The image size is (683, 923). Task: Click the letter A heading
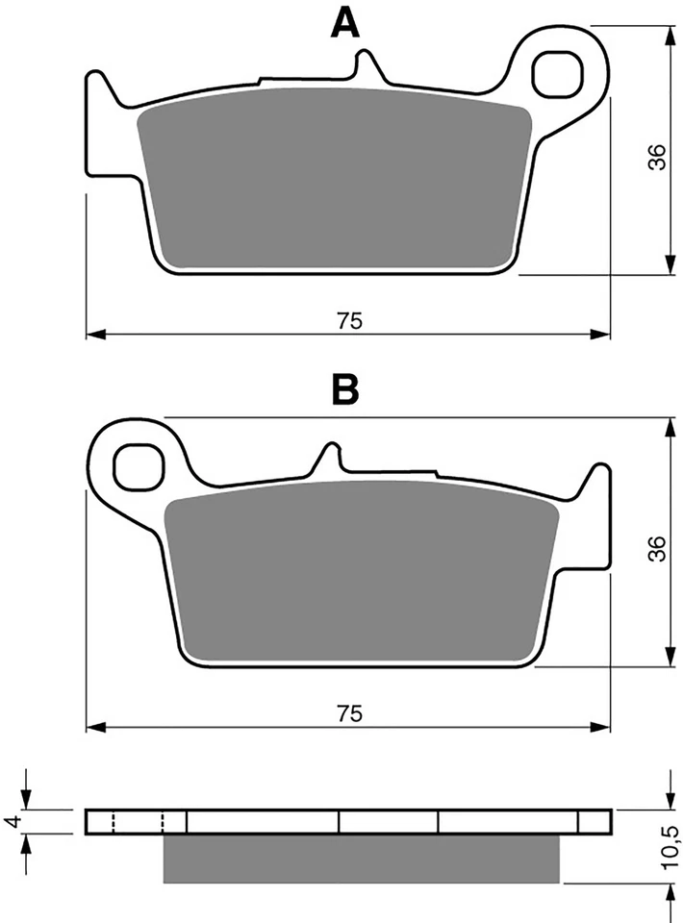tap(344, 22)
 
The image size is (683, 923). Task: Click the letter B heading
tap(344, 390)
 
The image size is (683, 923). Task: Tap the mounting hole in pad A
tap(561, 69)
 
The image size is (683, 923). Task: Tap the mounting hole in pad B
tap(137, 465)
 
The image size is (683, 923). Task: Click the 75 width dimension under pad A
tap(349, 322)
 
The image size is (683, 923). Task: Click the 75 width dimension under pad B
tap(349, 712)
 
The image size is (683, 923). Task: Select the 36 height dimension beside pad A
tap(655, 157)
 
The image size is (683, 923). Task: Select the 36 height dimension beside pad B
tap(655, 549)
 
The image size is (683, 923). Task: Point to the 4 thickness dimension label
tap(13, 821)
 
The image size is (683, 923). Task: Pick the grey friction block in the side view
tap(361, 858)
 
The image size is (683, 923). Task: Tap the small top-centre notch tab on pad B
tap(330, 457)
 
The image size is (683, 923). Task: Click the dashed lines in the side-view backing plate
tap(138, 822)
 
